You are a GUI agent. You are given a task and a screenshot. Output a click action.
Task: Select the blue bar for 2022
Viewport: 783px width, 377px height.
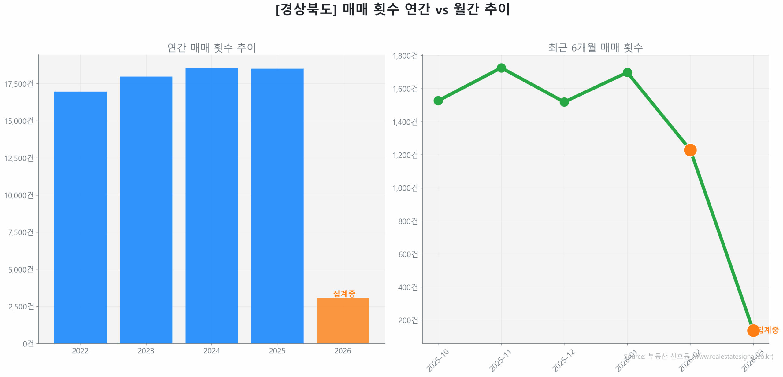tap(80, 217)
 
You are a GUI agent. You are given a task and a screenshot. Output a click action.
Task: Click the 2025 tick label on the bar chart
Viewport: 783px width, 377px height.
tap(277, 350)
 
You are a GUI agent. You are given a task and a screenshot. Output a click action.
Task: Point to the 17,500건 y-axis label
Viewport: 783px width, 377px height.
tap(19, 84)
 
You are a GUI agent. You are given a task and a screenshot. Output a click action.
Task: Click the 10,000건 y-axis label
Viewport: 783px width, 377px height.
tap(19, 195)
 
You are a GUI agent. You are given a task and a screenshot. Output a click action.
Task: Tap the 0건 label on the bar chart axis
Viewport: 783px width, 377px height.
tap(28, 343)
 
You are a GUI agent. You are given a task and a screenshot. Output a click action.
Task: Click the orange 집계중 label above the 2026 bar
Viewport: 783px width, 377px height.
tap(344, 293)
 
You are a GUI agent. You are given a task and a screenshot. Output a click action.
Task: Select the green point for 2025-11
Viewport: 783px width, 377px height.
tap(501, 68)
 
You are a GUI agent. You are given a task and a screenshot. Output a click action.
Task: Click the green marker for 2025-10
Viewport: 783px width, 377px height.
tap(438, 101)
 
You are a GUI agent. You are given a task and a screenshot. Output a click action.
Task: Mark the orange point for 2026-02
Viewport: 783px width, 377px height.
tap(690, 150)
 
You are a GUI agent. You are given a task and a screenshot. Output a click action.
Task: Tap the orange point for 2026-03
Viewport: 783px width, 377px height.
tap(753, 330)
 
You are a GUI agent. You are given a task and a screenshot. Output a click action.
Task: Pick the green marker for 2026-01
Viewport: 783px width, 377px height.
tap(627, 72)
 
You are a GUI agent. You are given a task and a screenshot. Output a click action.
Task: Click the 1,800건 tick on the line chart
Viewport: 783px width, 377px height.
tap(405, 56)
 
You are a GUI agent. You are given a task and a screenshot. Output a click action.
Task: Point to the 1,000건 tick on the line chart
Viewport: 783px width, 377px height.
tap(405, 188)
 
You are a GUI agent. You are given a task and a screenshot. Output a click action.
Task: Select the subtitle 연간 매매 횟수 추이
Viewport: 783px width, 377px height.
tap(211, 47)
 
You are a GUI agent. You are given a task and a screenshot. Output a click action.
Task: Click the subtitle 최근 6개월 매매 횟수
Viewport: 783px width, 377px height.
tap(595, 47)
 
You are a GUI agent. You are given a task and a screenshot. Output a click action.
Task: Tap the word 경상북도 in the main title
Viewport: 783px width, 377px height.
tap(306, 9)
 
